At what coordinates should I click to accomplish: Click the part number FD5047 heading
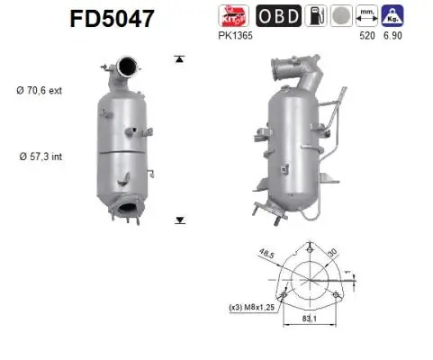[x=112, y=19]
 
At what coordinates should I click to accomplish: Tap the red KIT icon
[x=233, y=15]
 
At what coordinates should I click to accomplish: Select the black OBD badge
[x=278, y=15]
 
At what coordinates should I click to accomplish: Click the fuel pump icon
[x=316, y=15]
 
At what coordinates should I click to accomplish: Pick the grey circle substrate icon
[x=341, y=15]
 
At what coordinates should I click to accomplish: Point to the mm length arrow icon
[x=366, y=15]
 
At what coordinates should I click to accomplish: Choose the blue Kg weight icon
[x=392, y=15]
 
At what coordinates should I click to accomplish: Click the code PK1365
[x=235, y=35]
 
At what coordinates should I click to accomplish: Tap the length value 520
[x=367, y=35]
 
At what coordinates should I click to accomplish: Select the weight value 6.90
[x=392, y=35]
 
